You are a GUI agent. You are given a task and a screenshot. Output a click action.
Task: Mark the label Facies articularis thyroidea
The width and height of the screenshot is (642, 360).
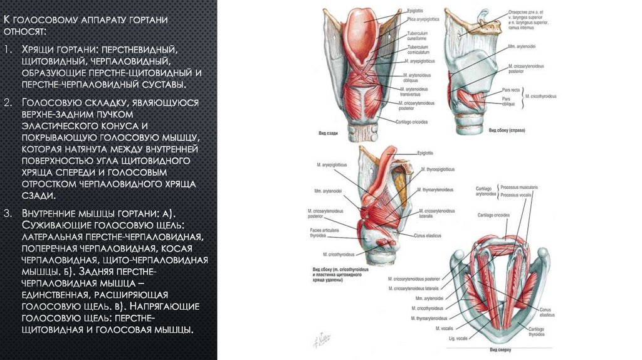tap(322, 234)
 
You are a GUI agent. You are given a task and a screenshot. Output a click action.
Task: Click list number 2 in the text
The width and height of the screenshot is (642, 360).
tap(7, 102)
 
